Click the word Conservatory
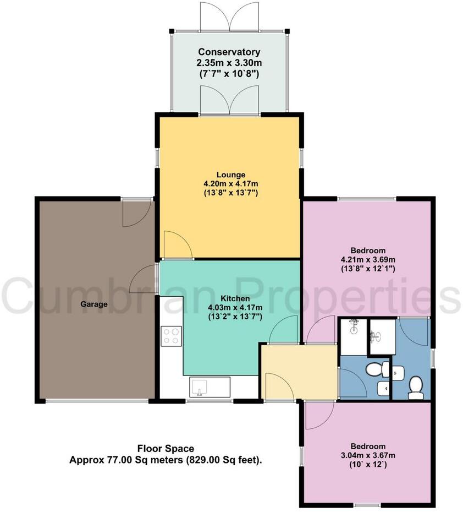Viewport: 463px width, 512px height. point(230,52)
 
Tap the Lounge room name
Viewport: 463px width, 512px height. point(230,175)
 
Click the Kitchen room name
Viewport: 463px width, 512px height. point(230,298)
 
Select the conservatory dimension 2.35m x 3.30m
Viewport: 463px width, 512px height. point(230,63)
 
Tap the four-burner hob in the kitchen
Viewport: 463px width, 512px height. point(171,336)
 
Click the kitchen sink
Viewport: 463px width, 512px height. point(202,388)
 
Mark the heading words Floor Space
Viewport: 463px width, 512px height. point(166,449)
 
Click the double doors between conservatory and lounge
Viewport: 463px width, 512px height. point(230,102)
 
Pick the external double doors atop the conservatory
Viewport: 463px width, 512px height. point(230,17)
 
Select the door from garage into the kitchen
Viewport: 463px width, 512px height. point(144,278)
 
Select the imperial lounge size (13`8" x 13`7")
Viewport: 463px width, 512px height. point(230,193)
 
